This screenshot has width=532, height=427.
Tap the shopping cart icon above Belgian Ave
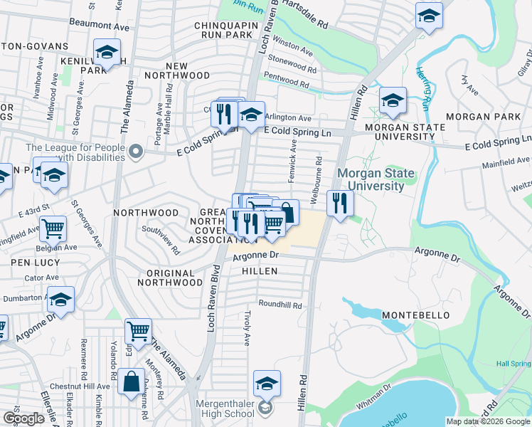53,229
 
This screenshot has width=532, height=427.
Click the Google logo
23,418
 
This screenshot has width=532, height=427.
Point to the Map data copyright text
488,421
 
